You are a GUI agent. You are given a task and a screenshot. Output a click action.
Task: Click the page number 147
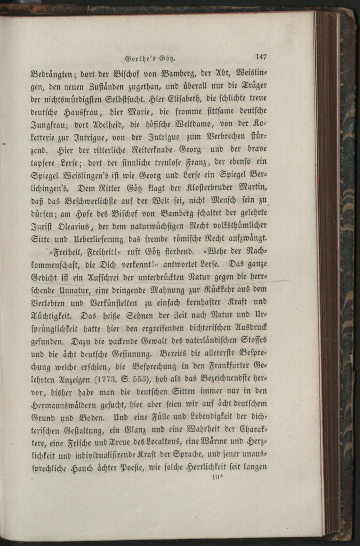261,56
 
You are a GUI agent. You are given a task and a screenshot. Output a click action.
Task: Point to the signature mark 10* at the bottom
218,477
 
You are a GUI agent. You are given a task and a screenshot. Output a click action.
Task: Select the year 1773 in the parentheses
106,379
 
